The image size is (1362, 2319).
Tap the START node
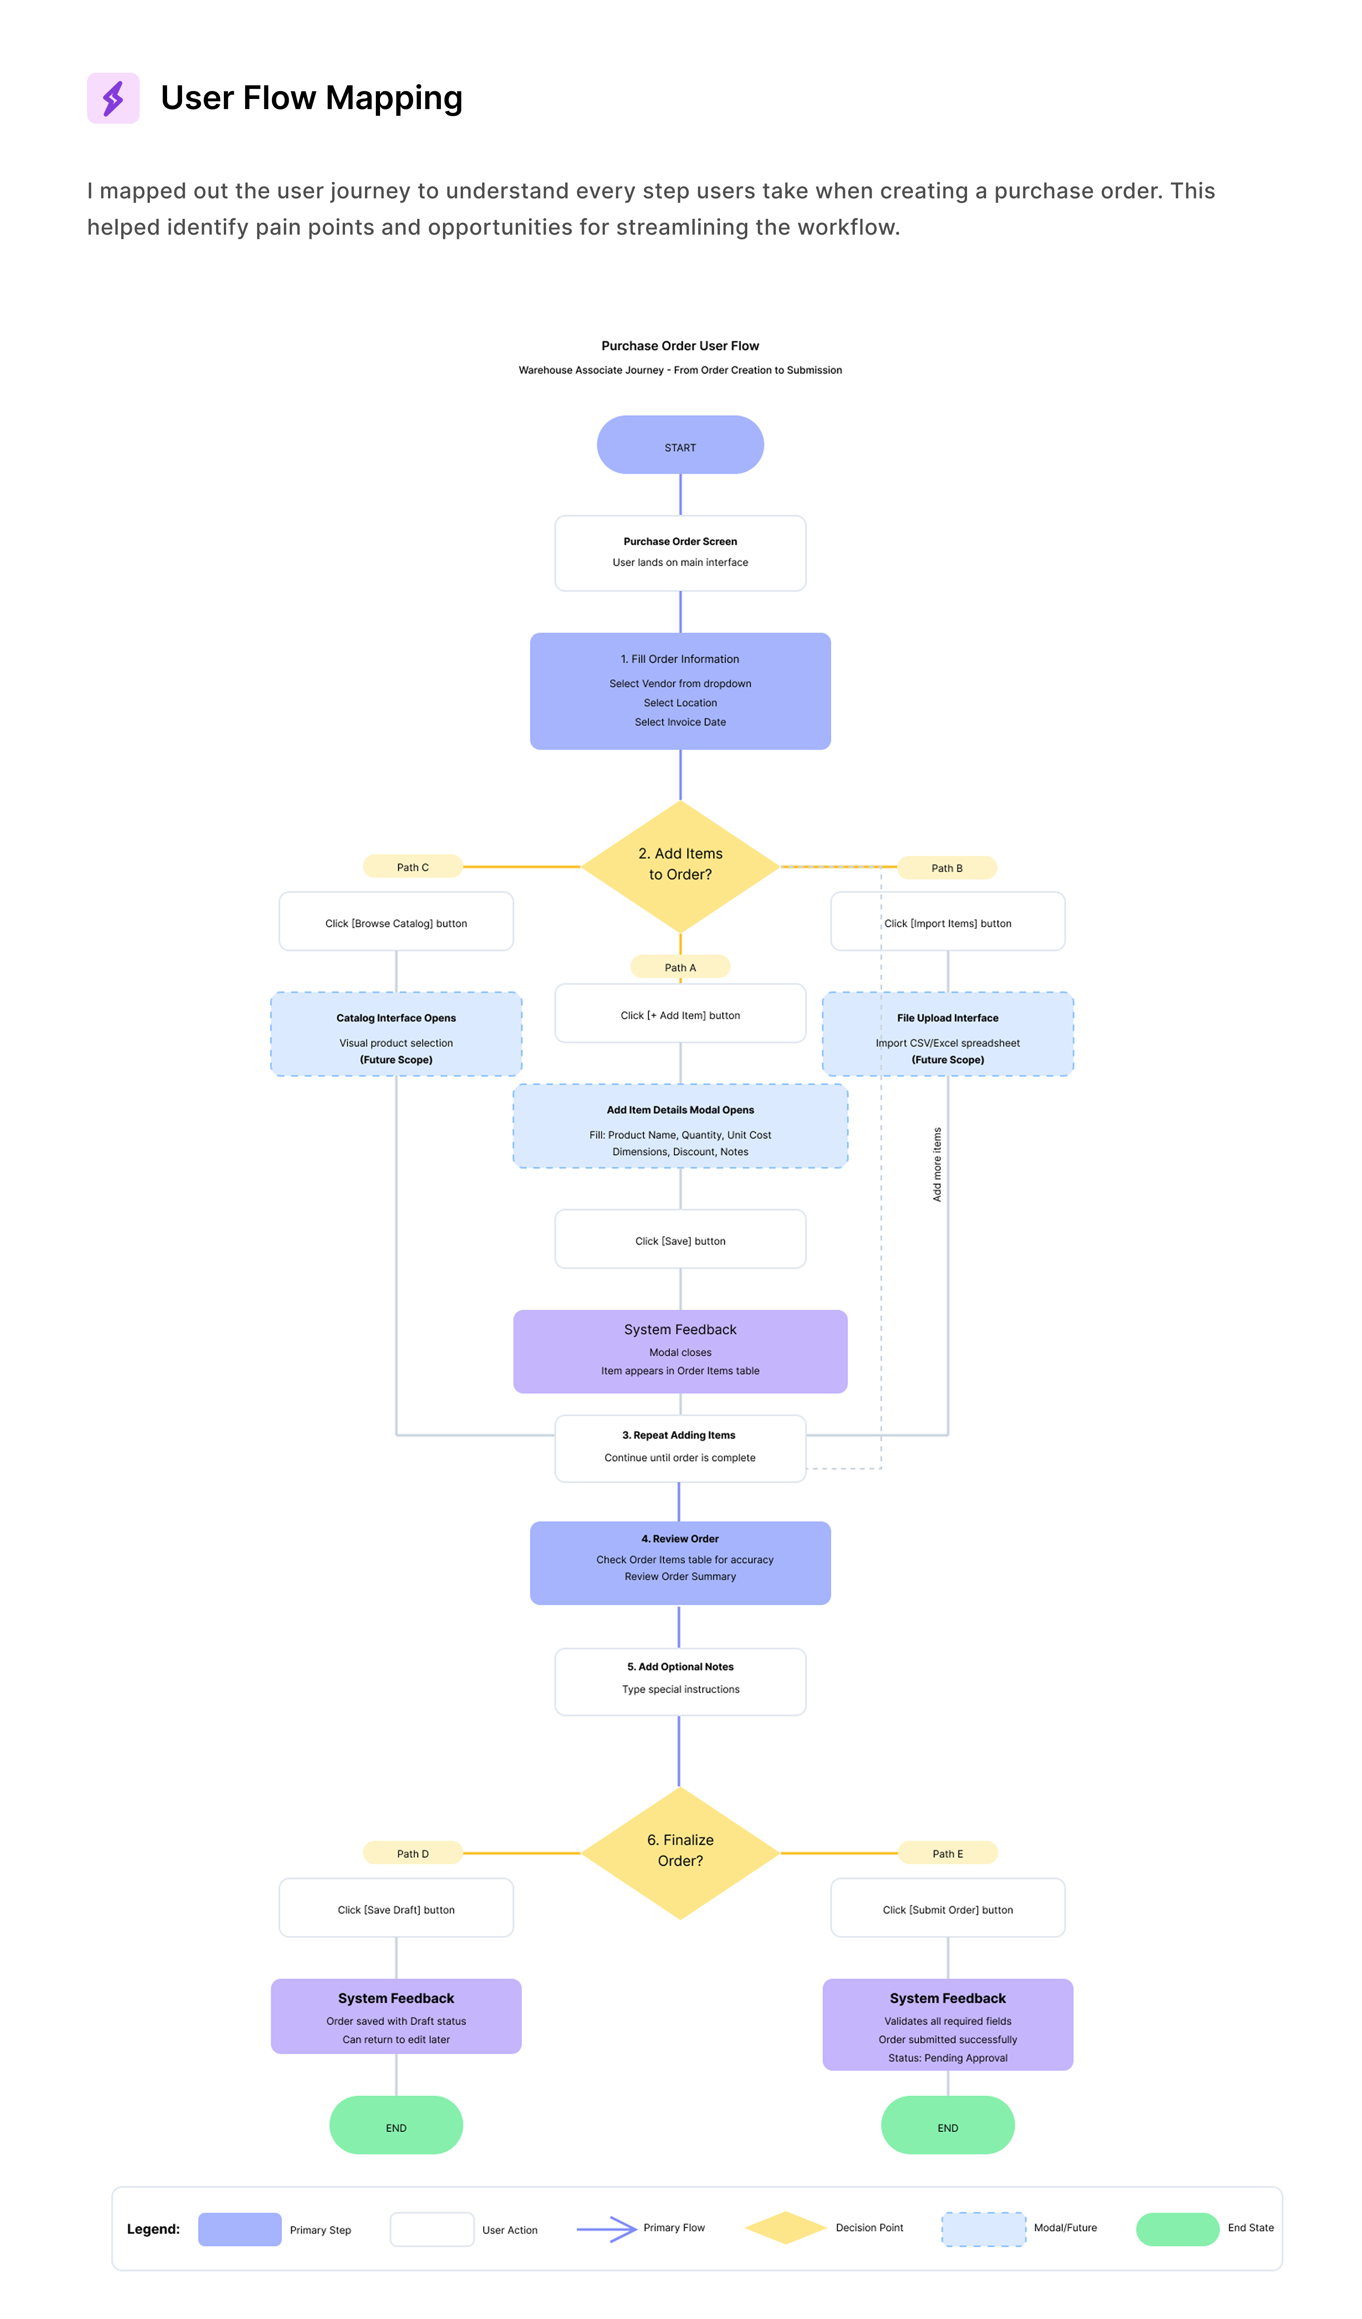click(680, 445)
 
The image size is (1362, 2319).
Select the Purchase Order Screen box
click(680, 553)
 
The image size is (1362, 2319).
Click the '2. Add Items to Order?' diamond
click(680, 865)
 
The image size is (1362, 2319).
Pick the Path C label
click(412, 867)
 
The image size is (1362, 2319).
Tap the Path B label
click(947, 868)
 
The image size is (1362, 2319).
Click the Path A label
click(680, 967)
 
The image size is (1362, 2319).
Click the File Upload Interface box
click(947, 1034)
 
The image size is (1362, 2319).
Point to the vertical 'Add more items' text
click(937, 1164)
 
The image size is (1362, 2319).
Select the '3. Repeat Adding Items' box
click(680, 1447)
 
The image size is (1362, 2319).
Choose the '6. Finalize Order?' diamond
click(680, 1851)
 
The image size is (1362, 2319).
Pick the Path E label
click(947, 1853)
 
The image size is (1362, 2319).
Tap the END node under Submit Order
click(947, 2126)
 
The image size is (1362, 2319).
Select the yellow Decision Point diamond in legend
click(785, 2228)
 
